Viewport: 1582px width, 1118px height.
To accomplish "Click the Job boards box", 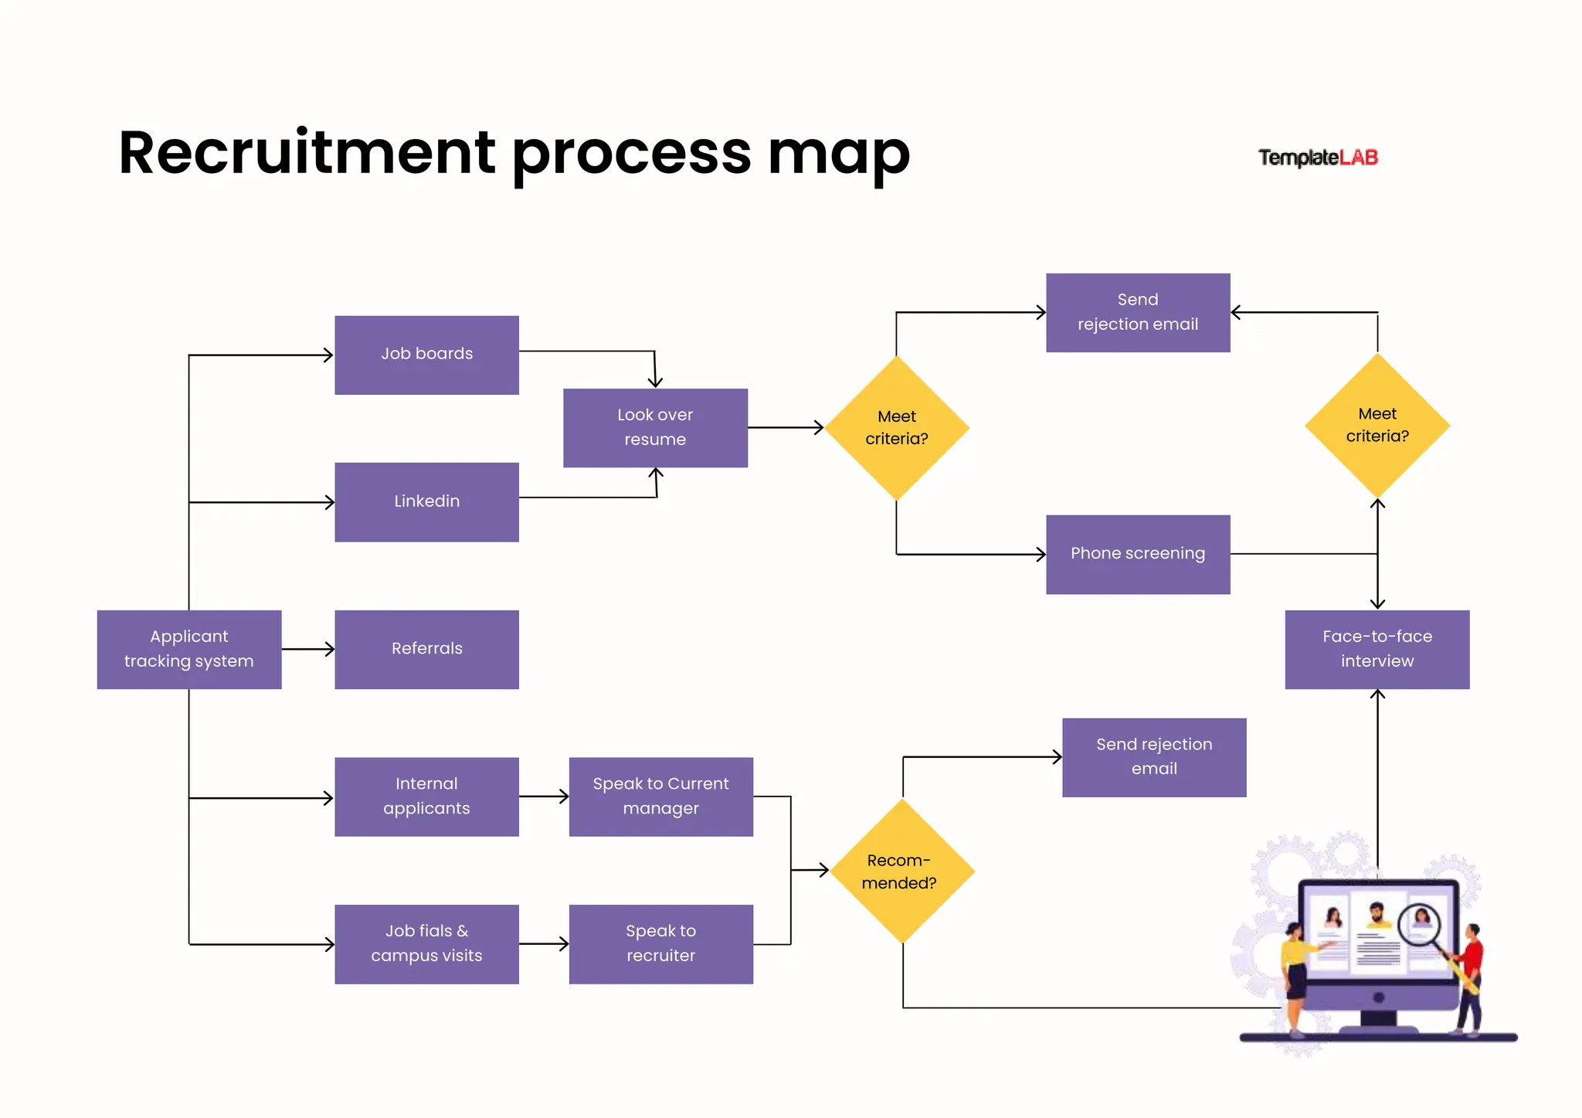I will click(x=426, y=355).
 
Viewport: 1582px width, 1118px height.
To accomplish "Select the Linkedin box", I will click(x=426, y=501).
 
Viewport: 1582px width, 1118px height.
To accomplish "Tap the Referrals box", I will click(x=426, y=649).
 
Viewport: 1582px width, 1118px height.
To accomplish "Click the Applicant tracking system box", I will click(x=188, y=649).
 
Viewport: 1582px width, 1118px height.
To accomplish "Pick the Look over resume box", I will click(x=655, y=427).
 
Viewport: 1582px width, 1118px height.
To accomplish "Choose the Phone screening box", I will click(x=1137, y=554).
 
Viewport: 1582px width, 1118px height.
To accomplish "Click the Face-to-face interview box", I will click(x=1377, y=649).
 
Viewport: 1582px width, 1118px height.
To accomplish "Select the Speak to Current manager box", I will click(x=660, y=796).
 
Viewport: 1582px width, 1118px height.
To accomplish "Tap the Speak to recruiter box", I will click(x=660, y=943).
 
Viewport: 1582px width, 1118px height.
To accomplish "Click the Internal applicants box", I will click(x=426, y=796).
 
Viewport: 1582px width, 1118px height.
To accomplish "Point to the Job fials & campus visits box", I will click(x=426, y=943).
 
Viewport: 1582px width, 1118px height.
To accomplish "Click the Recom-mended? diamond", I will click(x=901, y=871).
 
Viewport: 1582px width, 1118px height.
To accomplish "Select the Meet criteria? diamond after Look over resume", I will click(x=896, y=427).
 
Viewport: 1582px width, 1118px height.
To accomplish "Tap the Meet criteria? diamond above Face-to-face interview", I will click(x=1377, y=425).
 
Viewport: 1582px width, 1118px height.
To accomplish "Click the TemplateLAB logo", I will click(x=1318, y=158).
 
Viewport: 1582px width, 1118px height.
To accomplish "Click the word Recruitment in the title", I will click(x=307, y=153).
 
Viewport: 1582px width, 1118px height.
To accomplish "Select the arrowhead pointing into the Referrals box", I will click(x=330, y=649).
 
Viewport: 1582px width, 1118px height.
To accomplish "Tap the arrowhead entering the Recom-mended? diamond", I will click(x=823, y=870).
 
